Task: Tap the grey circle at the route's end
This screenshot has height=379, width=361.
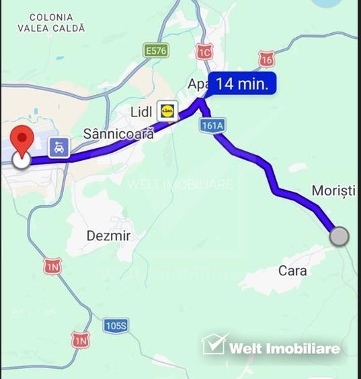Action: pyautogui.click(x=340, y=237)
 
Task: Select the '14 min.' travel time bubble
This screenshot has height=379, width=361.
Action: pyautogui.click(x=242, y=84)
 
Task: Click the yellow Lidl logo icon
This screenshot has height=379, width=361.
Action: pyautogui.click(x=167, y=110)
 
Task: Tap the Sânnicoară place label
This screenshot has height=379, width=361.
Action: pyautogui.click(x=118, y=133)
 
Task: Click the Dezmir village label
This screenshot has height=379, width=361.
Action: pyautogui.click(x=108, y=236)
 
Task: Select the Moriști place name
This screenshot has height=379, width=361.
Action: pyautogui.click(x=333, y=191)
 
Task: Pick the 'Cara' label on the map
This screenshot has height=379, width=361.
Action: pyautogui.click(x=292, y=271)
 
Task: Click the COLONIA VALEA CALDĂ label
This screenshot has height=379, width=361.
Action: pyautogui.click(x=52, y=23)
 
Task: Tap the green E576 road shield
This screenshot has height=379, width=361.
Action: pyautogui.click(x=156, y=50)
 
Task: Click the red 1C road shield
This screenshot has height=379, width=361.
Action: pyautogui.click(x=204, y=51)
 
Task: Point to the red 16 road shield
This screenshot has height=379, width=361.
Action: pyautogui.click(x=266, y=60)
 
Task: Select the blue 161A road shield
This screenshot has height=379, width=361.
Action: pyautogui.click(x=211, y=125)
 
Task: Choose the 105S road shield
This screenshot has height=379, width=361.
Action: pyautogui.click(x=116, y=326)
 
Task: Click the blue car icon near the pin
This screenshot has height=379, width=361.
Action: pyautogui.click(x=59, y=147)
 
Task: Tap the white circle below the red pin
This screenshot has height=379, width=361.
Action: pyautogui.click(x=22, y=160)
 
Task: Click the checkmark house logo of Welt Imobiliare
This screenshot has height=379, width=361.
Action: pyautogui.click(x=214, y=345)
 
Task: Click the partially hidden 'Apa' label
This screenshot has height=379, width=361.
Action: pyautogui.click(x=198, y=85)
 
